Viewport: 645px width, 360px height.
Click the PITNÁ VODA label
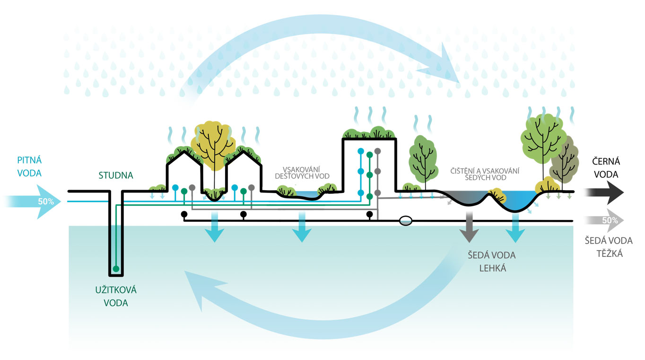[x=29, y=167]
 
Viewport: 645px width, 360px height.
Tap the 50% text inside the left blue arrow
[x=46, y=201]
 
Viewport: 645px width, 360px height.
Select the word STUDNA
[x=116, y=176]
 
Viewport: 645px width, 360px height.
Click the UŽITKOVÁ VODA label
[x=116, y=296]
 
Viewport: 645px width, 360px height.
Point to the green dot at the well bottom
[x=115, y=269]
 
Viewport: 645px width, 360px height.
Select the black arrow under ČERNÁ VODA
[x=604, y=193]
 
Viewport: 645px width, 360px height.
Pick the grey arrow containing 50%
[x=604, y=220]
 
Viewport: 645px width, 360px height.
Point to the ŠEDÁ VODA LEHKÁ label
[x=491, y=262]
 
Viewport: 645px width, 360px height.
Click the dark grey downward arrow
[x=469, y=226]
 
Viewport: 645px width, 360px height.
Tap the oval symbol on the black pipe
[x=405, y=220]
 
